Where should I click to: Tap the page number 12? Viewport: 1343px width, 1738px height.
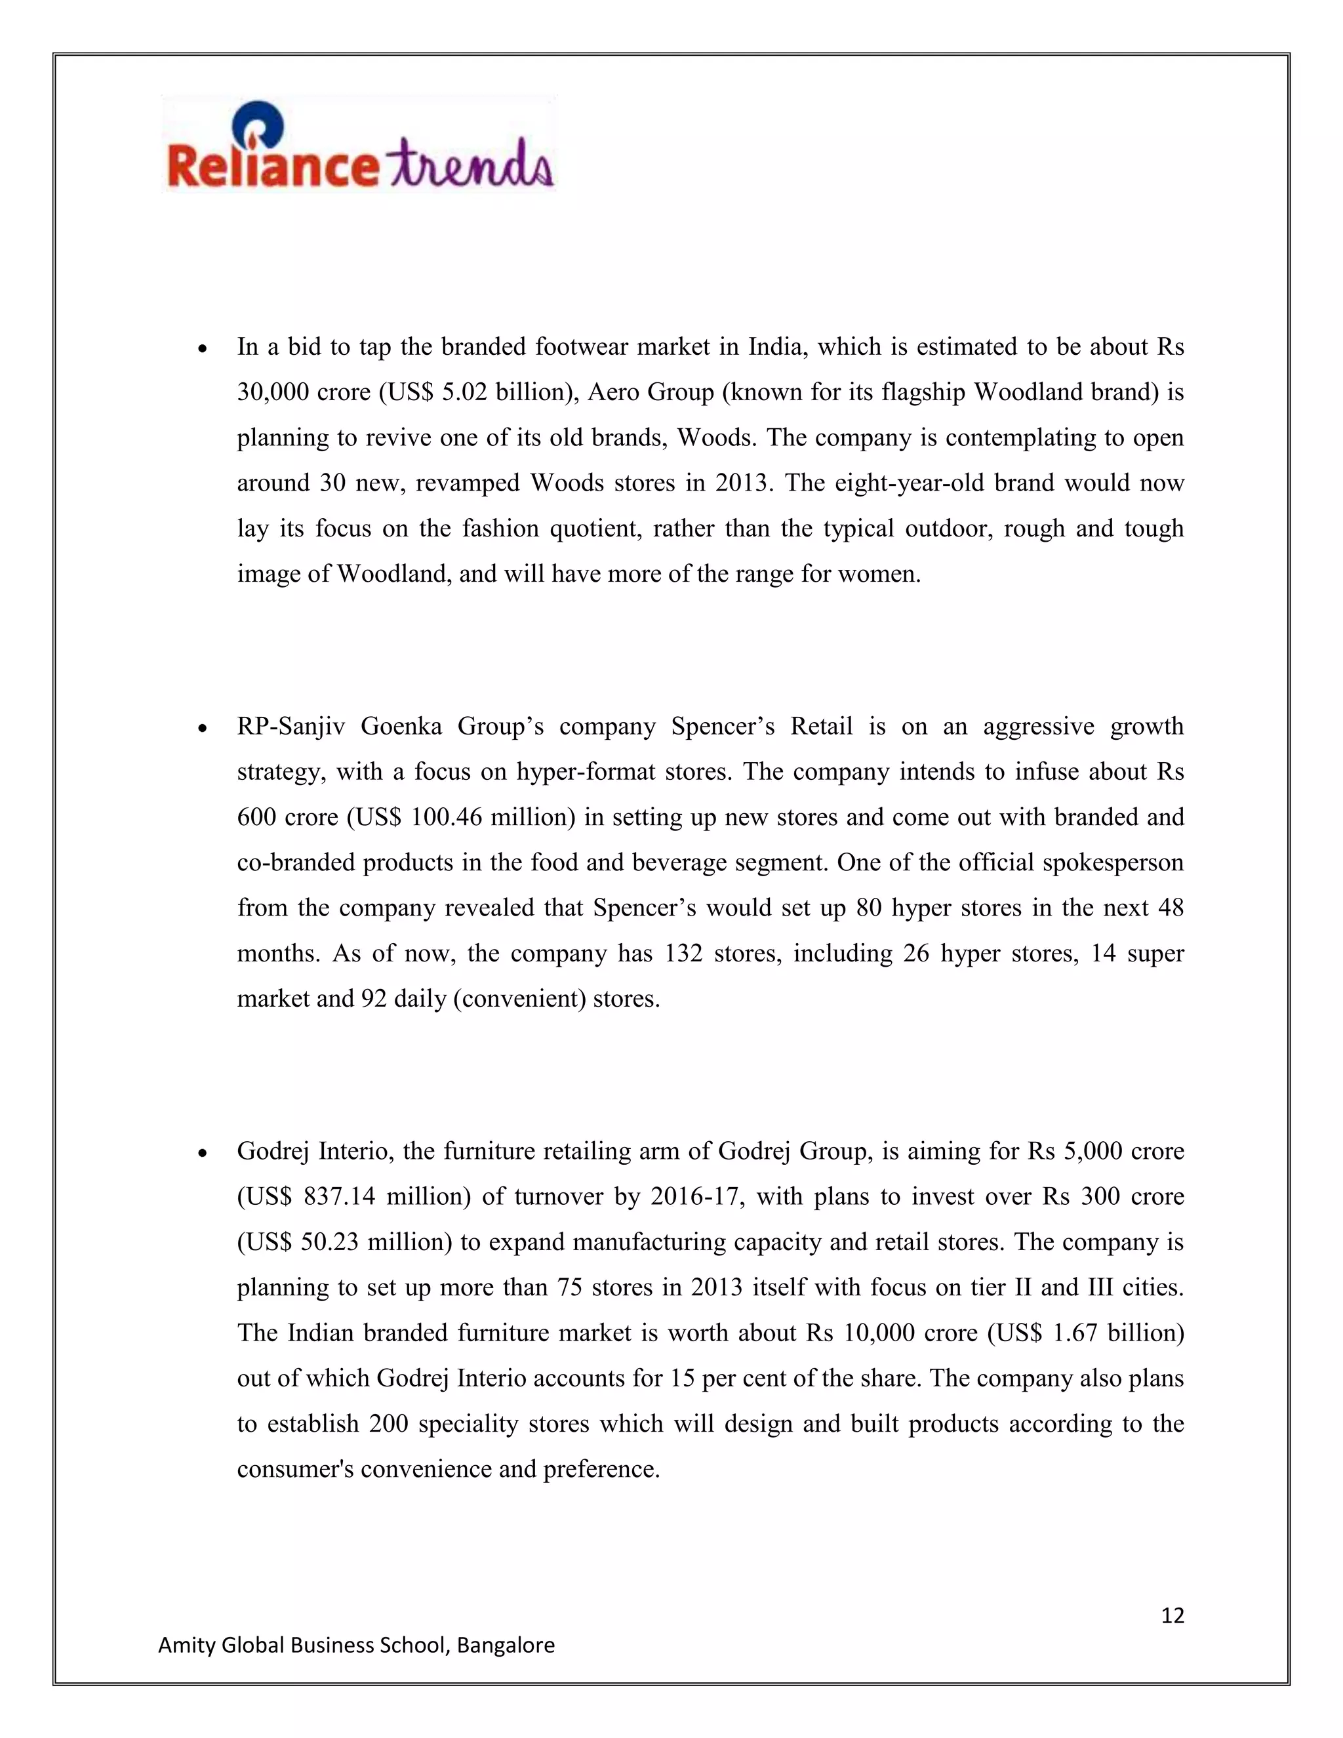[1173, 1615]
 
